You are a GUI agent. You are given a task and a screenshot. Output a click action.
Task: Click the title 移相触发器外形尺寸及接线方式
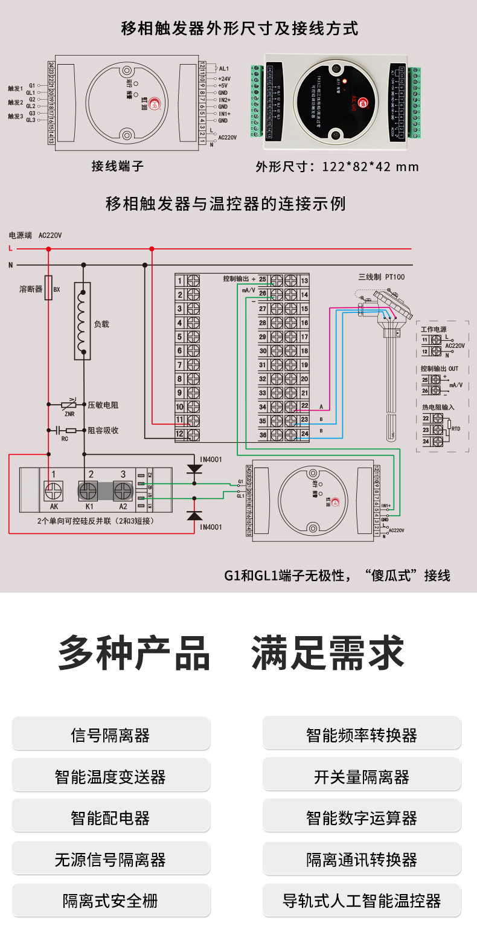point(239,28)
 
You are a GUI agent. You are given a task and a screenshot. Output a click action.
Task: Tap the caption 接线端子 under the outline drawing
point(117,166)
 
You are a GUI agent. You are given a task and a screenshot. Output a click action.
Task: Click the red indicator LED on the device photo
point(345,81)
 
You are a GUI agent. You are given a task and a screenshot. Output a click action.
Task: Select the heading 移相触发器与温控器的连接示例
point(225,204)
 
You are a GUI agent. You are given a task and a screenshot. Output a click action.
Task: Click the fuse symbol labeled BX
point(49,288)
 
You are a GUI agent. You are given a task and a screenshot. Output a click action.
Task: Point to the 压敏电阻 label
point(103,405)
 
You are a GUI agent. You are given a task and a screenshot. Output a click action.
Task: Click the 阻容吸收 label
point(103,431)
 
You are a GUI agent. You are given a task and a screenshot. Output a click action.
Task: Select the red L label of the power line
point(10,248)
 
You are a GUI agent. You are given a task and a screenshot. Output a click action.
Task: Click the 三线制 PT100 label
point(381,277)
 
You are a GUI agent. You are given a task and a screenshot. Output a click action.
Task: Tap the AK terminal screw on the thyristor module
point(54,490)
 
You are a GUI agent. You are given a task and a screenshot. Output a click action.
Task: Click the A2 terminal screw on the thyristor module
point(123,490)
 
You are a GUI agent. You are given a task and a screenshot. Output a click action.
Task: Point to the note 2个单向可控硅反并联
point(95,521)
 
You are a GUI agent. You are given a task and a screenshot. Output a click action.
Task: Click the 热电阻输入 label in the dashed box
point(438,408)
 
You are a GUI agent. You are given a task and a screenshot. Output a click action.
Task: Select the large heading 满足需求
point(327,654)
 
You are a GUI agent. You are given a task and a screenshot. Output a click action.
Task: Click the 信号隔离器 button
point(110,735)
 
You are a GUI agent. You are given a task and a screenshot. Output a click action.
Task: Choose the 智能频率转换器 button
point(361,735)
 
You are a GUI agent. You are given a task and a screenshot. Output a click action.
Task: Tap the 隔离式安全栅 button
point(110,901)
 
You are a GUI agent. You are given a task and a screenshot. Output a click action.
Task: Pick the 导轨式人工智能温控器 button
point(361,901)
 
